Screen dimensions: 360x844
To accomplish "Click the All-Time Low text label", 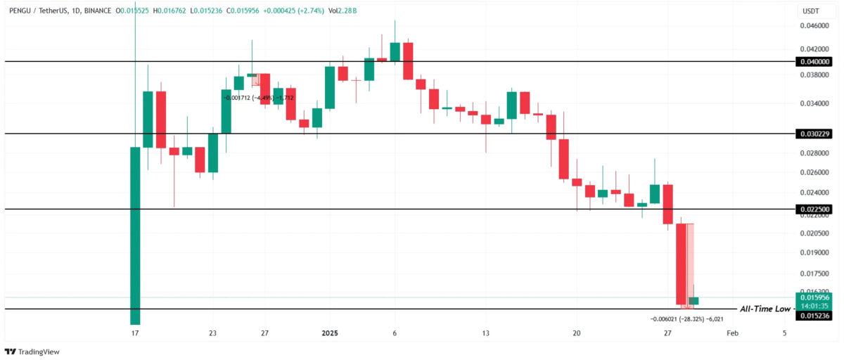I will (765, 309).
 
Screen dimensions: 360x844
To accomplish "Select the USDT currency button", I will (811, 11).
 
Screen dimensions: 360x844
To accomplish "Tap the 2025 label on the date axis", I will (330, 333).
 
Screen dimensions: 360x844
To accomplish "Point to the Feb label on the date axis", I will (732, 333).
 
